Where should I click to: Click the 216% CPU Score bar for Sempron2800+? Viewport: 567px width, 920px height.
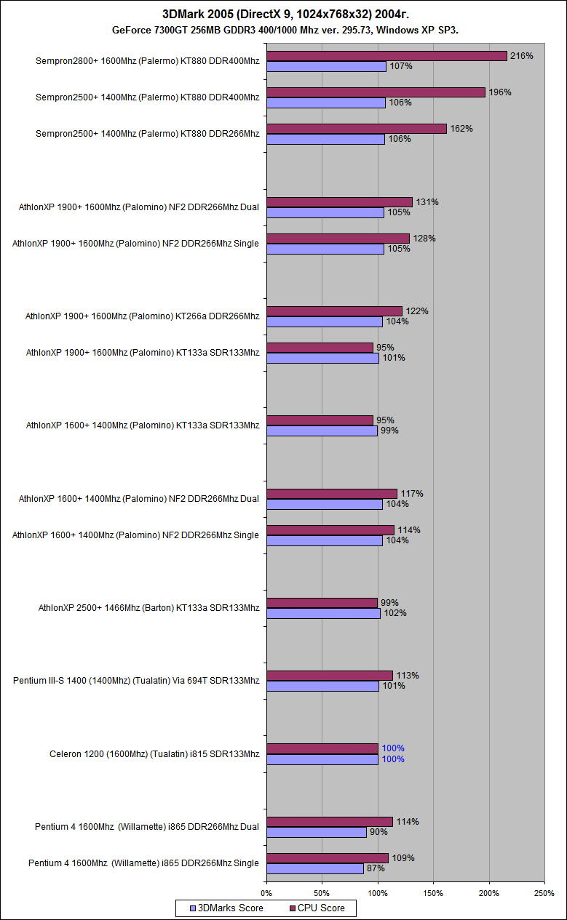tap(386, 56)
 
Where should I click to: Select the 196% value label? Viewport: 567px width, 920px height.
tap(500, 92)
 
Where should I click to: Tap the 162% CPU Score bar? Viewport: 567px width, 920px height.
tap(357, 129)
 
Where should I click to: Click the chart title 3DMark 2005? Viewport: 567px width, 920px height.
tap(283, 15)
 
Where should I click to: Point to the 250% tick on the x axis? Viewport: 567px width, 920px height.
tap(544, 892)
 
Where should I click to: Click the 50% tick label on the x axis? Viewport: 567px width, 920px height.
tap(322, 892)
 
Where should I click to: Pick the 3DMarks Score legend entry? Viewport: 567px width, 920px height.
tap(226, 908)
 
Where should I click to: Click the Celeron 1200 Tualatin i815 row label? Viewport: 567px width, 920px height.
tap(154, 754)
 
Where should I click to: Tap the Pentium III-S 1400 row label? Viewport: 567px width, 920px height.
tap(136, 681)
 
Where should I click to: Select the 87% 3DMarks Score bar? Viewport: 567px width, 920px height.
tap(315, 868)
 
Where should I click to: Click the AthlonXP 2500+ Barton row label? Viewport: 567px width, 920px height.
tap(148, 608)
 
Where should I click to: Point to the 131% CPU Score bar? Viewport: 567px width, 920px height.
tap(339, 202)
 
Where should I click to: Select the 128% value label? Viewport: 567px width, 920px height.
tap(424, 239)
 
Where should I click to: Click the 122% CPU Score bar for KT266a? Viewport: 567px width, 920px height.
tap(334, 311)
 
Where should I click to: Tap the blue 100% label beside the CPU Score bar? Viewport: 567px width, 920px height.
tap(393, 748)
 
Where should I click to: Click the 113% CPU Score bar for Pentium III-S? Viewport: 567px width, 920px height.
tap(329, 676)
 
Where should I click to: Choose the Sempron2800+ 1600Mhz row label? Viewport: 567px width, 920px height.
tap(147, 61)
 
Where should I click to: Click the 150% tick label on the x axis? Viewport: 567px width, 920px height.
tap(433, 892)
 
